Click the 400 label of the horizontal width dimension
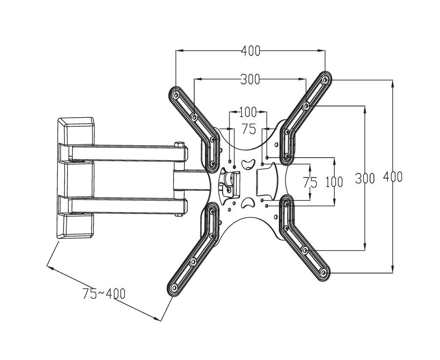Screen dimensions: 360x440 click(250, 51)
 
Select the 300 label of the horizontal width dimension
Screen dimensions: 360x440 click(250, 79)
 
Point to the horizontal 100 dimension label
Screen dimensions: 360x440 click(247, 113)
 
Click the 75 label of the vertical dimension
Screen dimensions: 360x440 click(310, 182)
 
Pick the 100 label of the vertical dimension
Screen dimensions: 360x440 click(334, 182)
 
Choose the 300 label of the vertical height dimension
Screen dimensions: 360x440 click(365, 178)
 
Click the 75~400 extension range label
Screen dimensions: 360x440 click(104, 294)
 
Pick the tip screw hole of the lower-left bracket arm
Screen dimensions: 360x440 click(174, 287)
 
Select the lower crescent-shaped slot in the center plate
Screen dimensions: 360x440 click(247, 203)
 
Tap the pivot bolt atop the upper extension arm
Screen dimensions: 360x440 click(179, 143)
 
